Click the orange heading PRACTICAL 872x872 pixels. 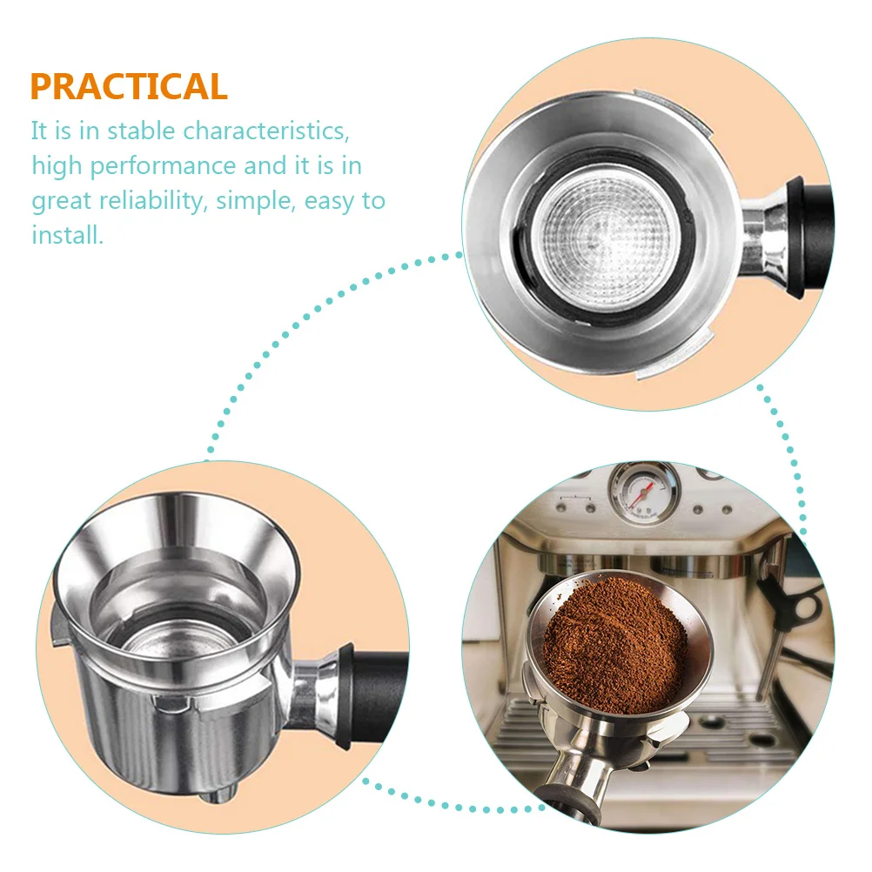coord(129,87)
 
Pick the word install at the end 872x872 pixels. coord(67,235)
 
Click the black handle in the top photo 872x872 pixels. coord(813,235)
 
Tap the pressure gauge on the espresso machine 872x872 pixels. coord(643,492)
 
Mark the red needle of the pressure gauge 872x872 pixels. coord(643,494)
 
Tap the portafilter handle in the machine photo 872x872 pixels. coord(574,796)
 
